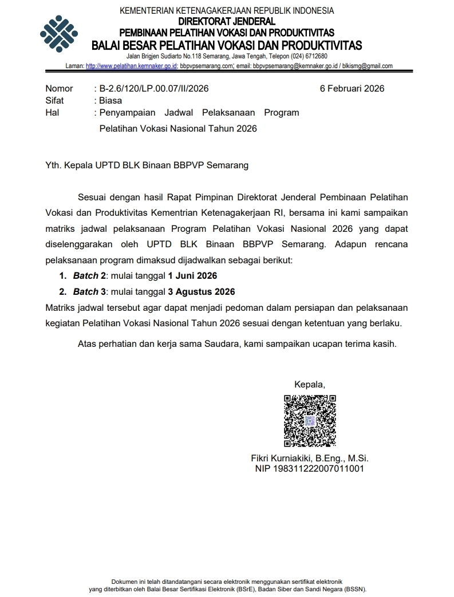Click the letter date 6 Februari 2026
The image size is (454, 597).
(352, 88)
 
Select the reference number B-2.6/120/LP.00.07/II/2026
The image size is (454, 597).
(154, 88)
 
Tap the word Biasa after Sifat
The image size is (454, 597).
(110, 100)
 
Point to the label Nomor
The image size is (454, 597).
(59, 88)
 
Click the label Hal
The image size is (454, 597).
(52, 112)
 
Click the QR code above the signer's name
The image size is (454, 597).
(310, 421)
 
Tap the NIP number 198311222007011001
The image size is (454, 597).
(310, 468)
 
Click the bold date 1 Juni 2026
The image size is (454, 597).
(192, 276)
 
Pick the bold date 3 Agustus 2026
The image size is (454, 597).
(201, 291)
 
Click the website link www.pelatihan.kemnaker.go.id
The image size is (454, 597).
(131, 66)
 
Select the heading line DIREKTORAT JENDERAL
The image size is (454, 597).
(227, 21)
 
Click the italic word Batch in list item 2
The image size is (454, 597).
(85, 291)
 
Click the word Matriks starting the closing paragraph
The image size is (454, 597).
(60, 307)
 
